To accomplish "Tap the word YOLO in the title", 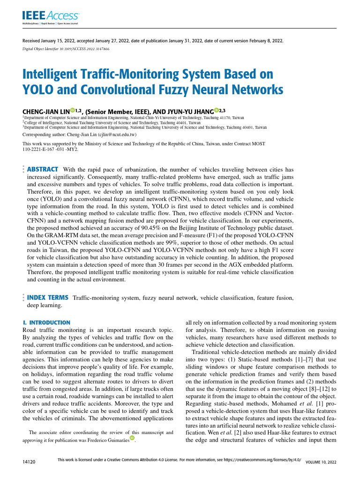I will click(38, 89).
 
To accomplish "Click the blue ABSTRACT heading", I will click(43, 169).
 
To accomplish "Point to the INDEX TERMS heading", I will click(48, 298).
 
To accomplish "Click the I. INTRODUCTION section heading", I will click(46, 323).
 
